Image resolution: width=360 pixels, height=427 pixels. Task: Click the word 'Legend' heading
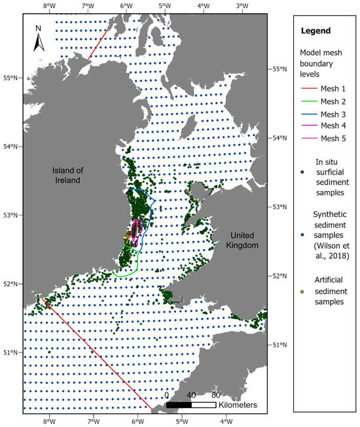click(x=315, y=31)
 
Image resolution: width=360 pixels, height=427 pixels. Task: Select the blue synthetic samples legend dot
click(x=302, y=219)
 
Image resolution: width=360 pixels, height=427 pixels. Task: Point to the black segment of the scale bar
click(x=179, y=405)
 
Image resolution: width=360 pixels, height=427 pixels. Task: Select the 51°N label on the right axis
click(x=279, y=345)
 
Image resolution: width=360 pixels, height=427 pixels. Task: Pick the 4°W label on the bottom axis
click(x=226, y=421)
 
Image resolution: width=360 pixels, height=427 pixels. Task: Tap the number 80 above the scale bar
click(x=215, y=395)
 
